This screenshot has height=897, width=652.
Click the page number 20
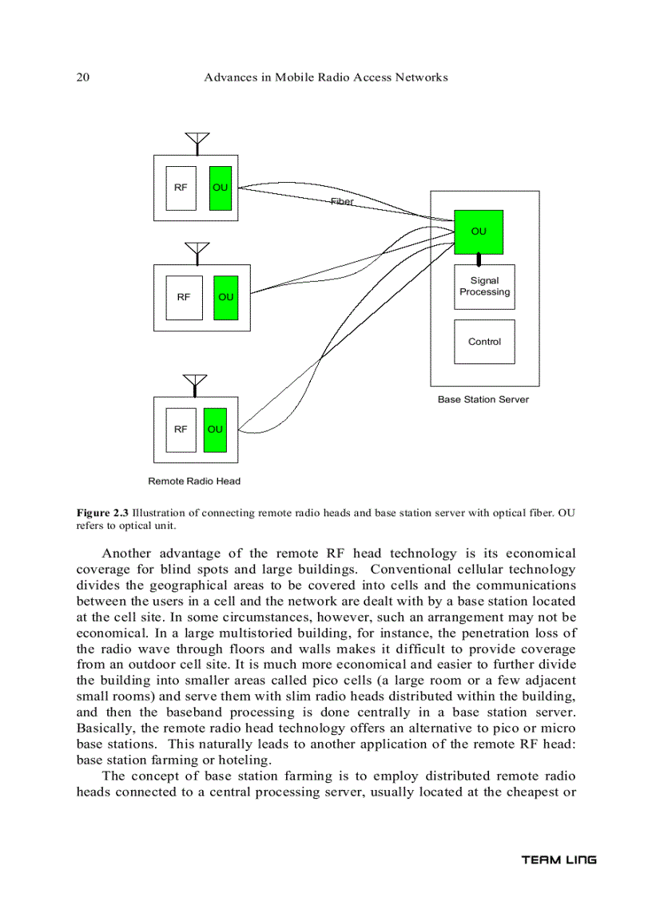(x=82, y=77)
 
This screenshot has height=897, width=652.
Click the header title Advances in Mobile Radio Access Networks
(x=326, y=77)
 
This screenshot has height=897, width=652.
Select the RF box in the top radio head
(x=181, y=188)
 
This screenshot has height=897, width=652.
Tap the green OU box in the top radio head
(x=221, y=188)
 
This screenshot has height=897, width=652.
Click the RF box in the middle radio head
(x=184, y=297)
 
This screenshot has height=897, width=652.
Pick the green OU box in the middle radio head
(x=226, y=297)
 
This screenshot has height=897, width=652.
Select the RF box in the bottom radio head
(x=181, y=429)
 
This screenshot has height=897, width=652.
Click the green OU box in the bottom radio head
(x=215, y=429)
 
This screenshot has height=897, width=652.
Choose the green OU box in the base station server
(x=479, y=232)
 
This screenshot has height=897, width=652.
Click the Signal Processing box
(x=484, y=287)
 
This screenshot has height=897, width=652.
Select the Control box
(x=484, y=342)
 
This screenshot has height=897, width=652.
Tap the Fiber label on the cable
(x=342, y=202)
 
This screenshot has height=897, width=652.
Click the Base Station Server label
(x=483, y=399)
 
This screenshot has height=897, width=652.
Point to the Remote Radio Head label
(x=194, y=481)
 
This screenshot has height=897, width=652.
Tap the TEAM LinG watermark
(x=559, y=860)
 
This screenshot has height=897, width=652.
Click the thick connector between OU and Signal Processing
(x=479, y=259)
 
